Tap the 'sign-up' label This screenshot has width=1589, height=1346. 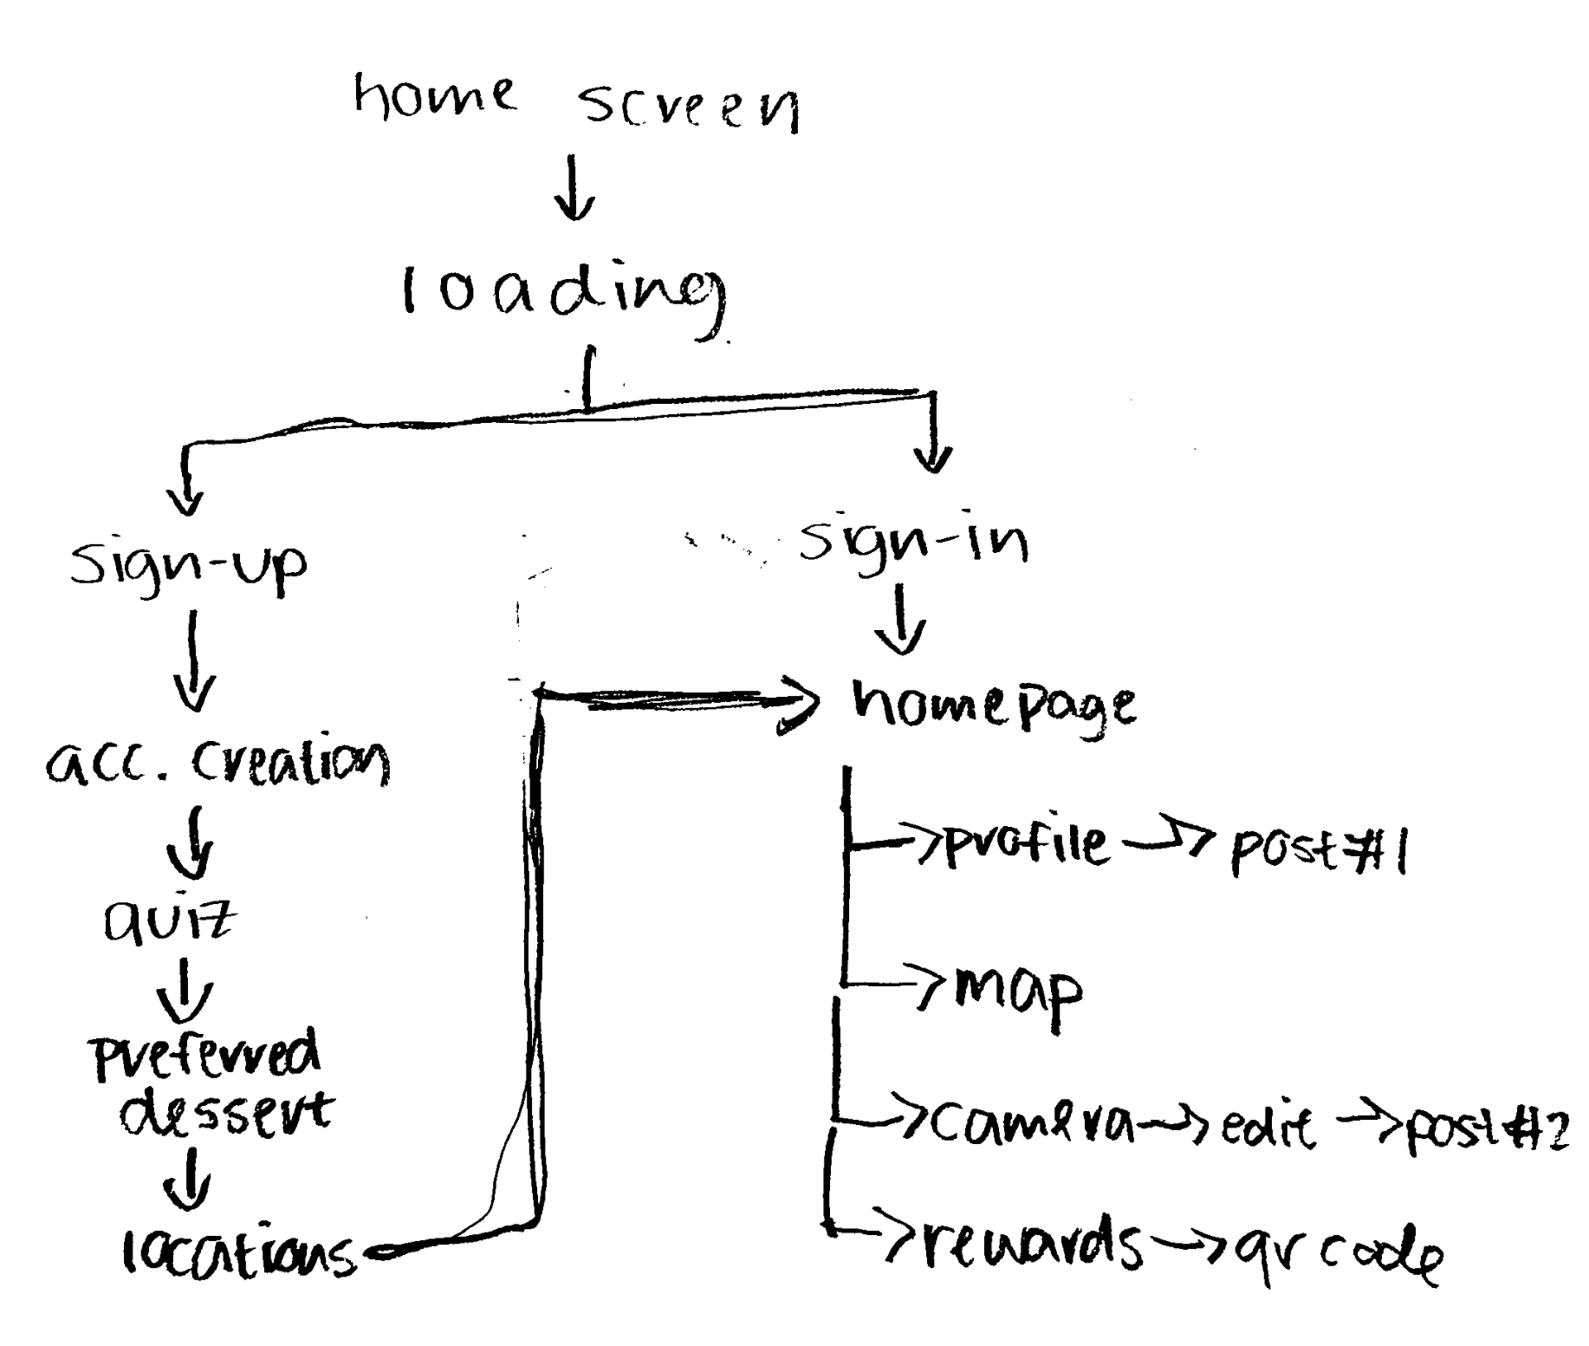click(189, 565)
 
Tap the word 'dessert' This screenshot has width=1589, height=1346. click(225, 1113)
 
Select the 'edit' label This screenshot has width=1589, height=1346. click(1267, 1127)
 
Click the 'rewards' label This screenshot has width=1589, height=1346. click(1030, 1247)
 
